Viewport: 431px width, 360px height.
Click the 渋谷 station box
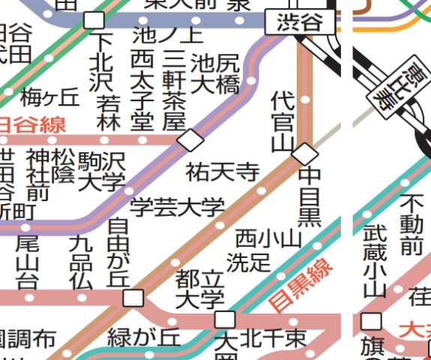(299, 22)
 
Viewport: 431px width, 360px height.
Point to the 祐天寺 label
(223, 172)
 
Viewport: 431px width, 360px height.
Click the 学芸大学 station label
(178, 206)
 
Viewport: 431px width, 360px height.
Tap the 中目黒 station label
(310, 197)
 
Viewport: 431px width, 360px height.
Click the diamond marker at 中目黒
(304, 153)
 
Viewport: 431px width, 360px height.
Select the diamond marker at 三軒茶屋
(190, 139)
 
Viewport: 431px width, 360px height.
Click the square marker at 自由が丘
(134, 298)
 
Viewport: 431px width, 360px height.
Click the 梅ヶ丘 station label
(49, 97)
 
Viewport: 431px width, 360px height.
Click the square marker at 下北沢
(94, 20)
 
